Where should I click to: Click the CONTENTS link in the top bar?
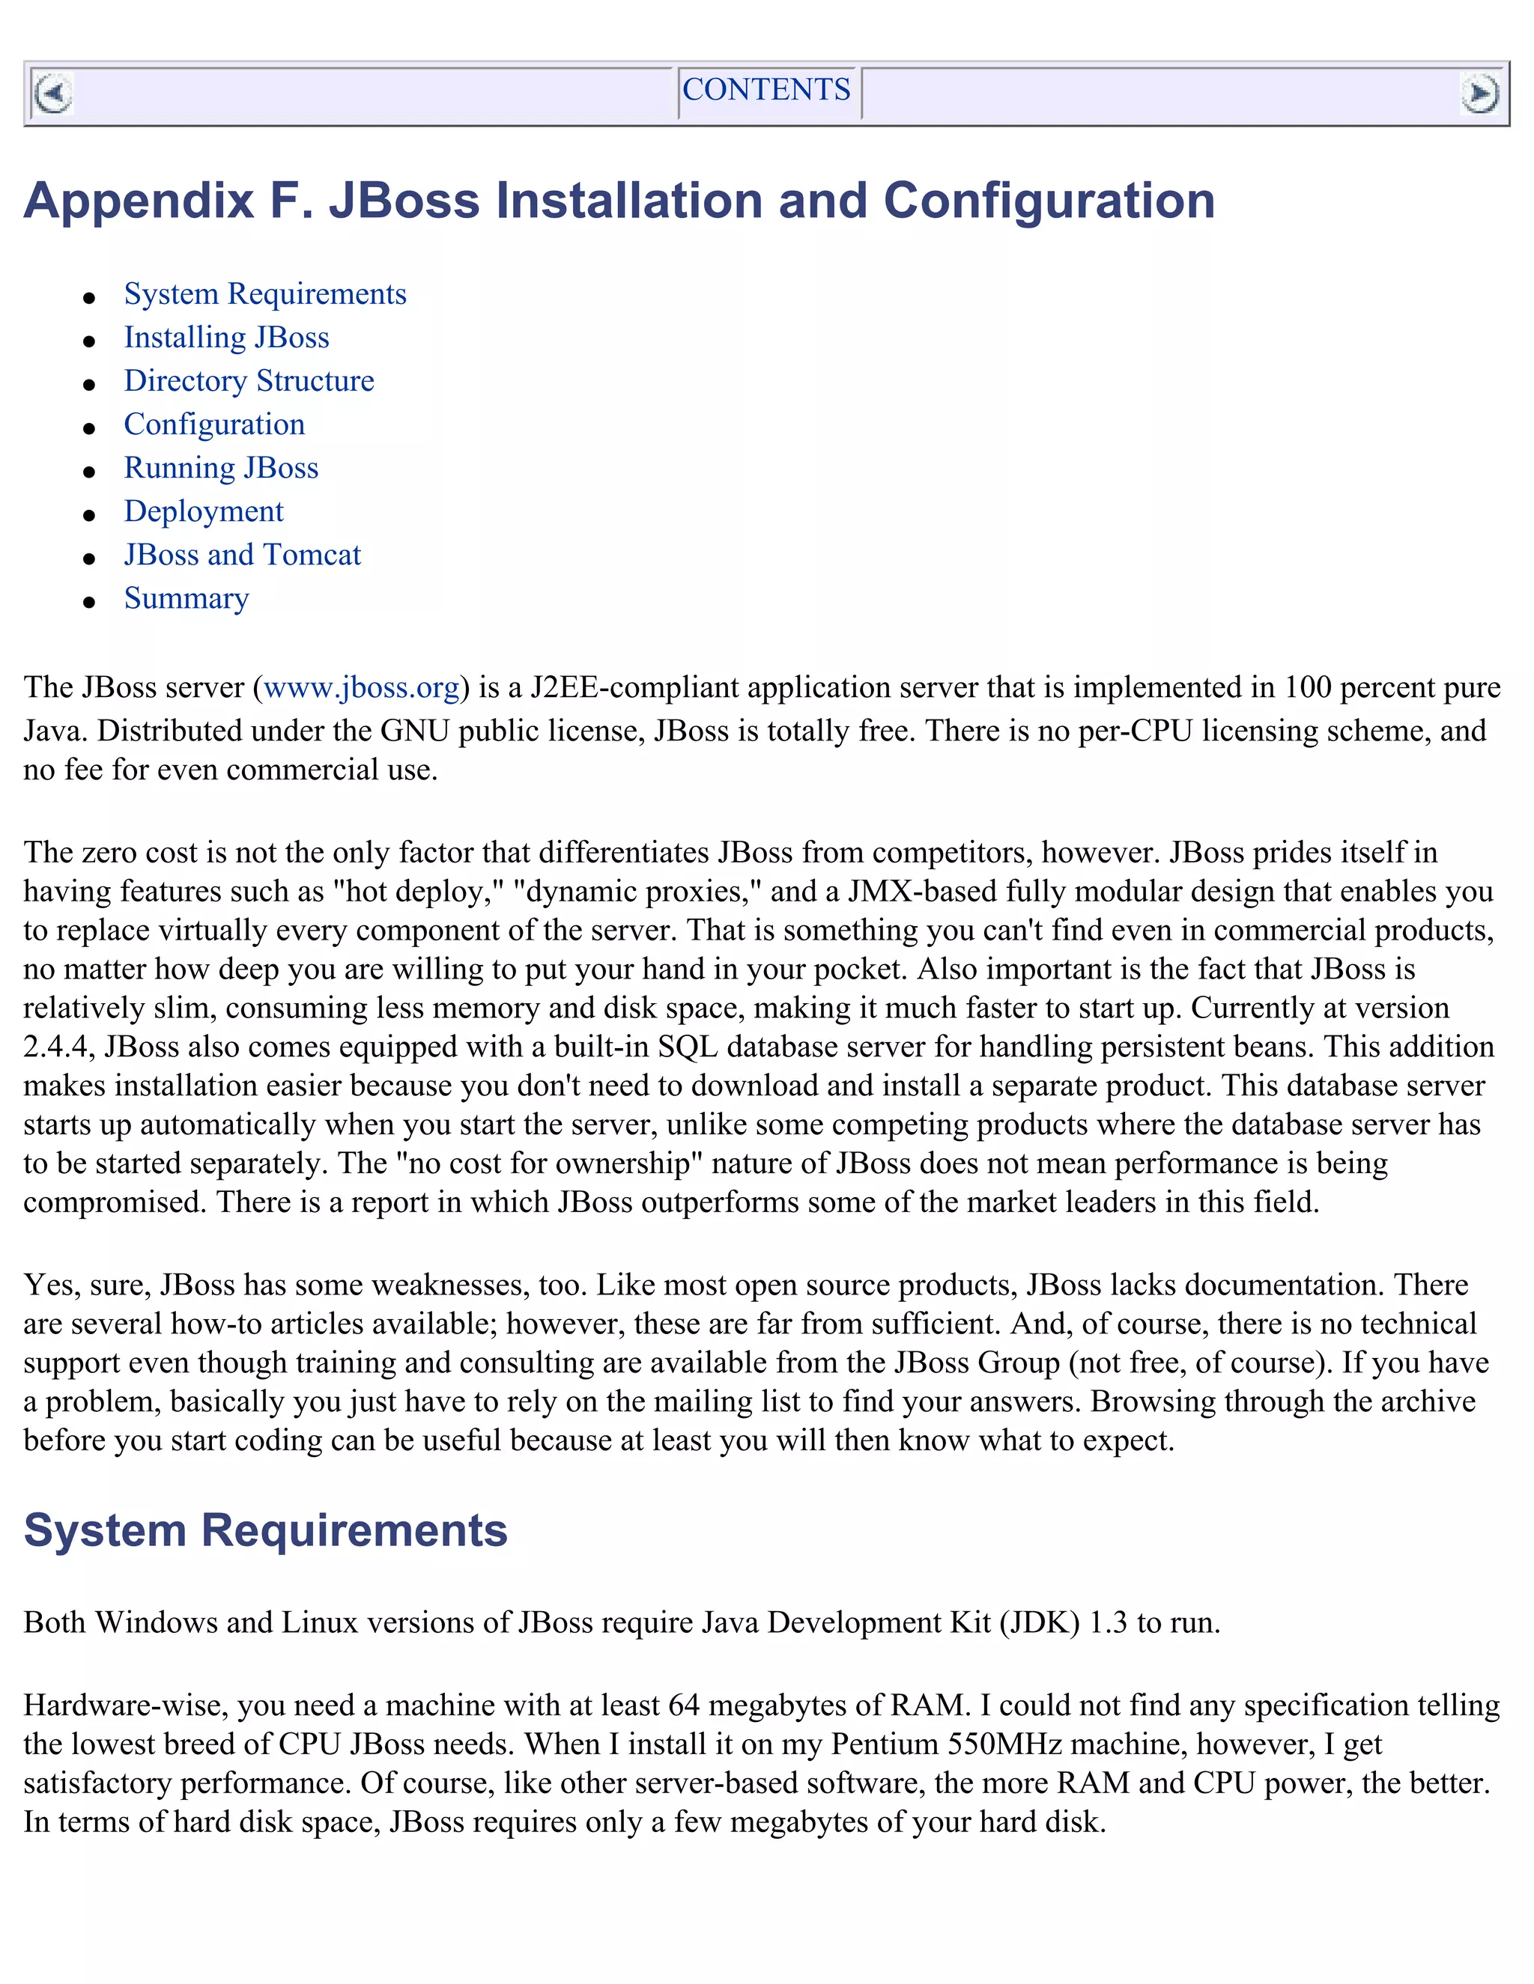coord(766,90)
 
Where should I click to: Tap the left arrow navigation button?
coord(52,94)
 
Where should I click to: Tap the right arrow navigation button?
coord(1479,94)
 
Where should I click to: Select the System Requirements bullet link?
coord(264,294)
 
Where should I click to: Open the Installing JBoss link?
coord(226,338)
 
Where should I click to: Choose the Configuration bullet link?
coord(214,425)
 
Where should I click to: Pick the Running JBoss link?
coord(221,468)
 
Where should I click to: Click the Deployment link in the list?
coord(204,511)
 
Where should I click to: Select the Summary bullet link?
coord(187,599)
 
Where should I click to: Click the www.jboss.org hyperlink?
coord(361,688)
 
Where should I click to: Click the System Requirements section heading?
coord(265,1531)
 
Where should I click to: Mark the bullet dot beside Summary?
coord(89,602)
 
